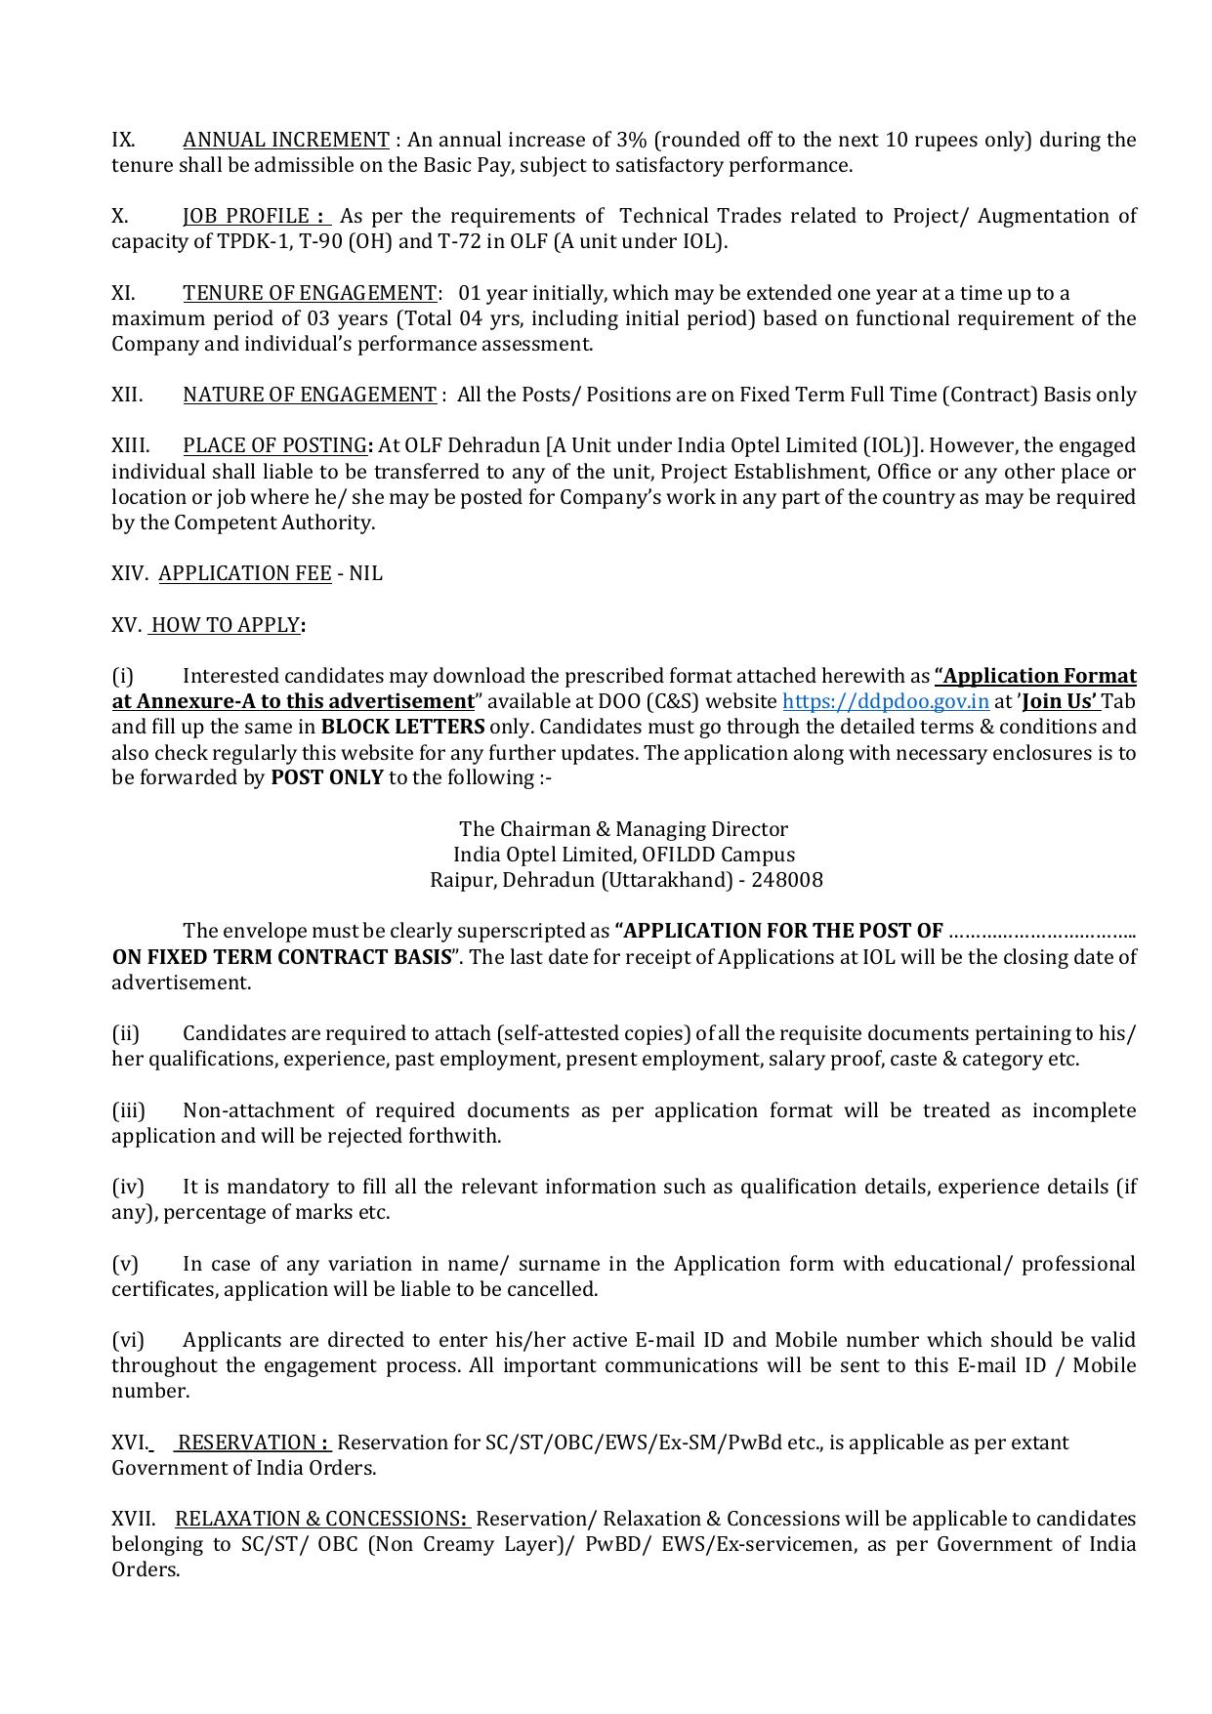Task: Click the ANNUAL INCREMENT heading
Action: (285, 140)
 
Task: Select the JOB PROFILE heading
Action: (256, 216)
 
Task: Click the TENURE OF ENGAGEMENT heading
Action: (310, 293)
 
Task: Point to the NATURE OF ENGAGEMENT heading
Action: (309, 395)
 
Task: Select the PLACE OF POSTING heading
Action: (274, 445)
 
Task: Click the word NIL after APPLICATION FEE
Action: (365, 573)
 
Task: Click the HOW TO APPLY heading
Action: (225, 625)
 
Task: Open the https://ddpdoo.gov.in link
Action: (885, 701)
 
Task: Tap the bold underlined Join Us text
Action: (1059, 701)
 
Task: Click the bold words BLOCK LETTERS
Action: (402, 727)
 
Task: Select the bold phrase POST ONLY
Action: (326, 777)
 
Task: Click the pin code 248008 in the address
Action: (787, 880)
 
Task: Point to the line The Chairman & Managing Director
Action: (623, 829)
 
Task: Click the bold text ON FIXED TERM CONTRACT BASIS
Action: (282, 956)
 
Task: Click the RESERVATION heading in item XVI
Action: (252, 1442)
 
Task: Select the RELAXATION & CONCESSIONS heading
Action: (322, 1519)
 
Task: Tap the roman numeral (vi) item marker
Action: (127, 1340)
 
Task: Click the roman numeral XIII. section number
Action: (130, 445)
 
